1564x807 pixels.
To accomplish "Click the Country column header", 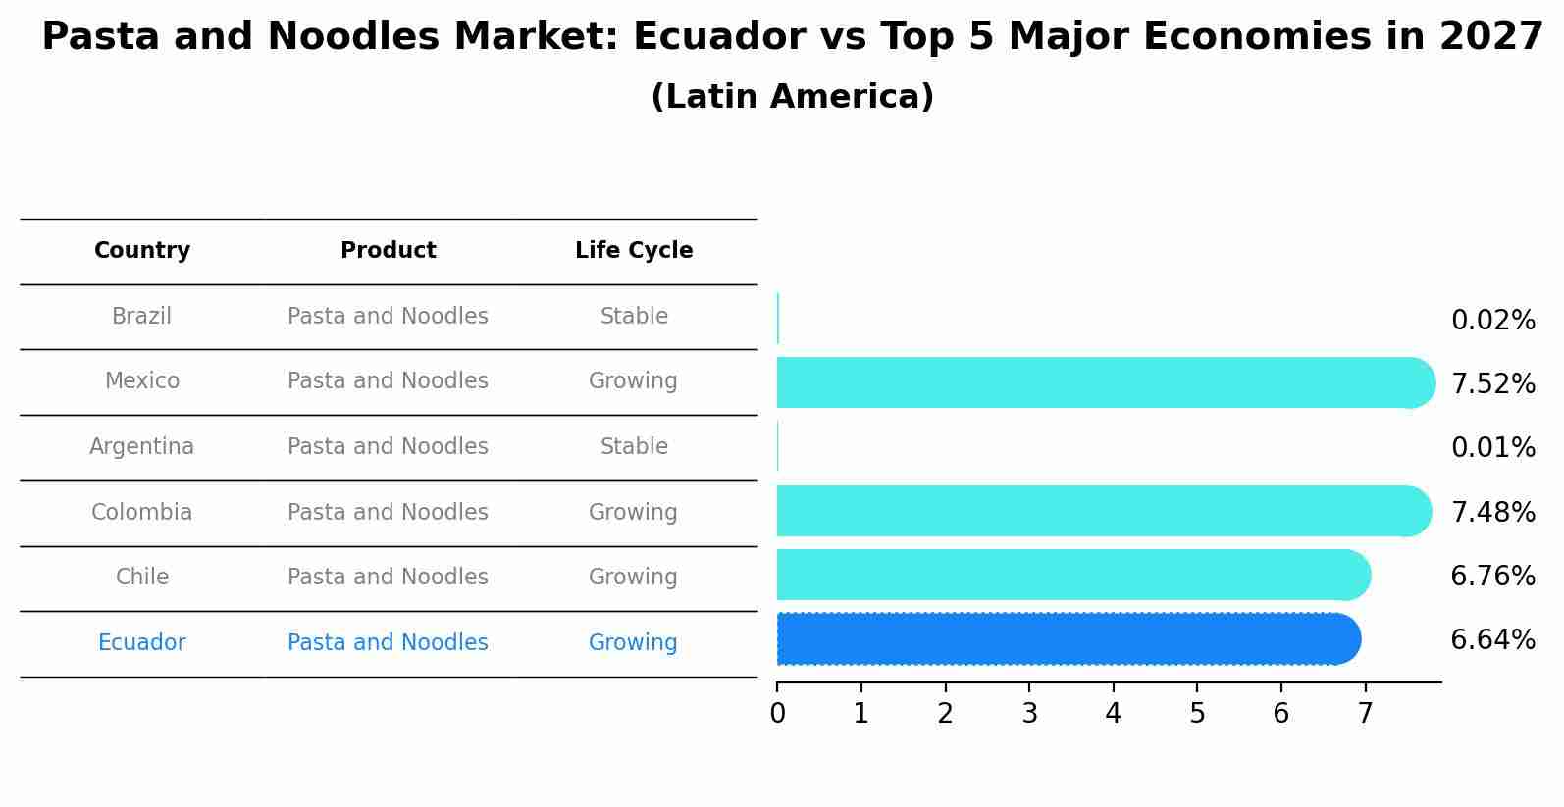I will pos(142,251).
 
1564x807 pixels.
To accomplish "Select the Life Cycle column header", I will pos(634,251).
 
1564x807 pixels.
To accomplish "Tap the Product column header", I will pos(388,251).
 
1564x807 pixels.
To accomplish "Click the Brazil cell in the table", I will pos(141,317).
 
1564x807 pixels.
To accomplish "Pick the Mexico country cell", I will pos(142,381).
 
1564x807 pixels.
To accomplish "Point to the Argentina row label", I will pos(141,447).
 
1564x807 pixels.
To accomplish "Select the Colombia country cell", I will pos(141,513).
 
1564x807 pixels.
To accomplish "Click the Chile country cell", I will pos(142,578).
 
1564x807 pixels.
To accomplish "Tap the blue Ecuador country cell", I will pos(141,643).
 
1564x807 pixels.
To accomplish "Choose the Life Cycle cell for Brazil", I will pos(634,317).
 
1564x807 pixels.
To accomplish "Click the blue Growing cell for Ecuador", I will pos(633,643).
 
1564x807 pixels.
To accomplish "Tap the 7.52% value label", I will pos(1492,384).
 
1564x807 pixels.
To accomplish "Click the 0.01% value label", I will pos(1492,448).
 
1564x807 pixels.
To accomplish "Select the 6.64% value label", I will pos(1492,640).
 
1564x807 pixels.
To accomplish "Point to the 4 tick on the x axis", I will pos(1113,714).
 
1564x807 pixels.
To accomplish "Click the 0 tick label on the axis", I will pos(777,714).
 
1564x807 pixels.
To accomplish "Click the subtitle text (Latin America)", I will pos(792,97).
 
